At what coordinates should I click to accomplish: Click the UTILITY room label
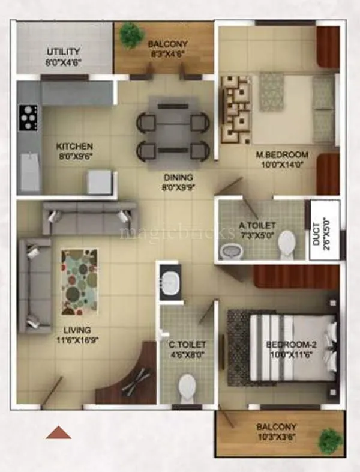coord(64,52)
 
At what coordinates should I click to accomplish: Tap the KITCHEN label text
coord(74,146)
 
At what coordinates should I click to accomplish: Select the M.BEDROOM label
coord(282,154)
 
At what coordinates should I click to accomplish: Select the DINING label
coord(179,177)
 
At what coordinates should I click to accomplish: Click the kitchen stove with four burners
coord(28,118)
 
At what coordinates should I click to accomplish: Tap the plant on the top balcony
coord(130,35)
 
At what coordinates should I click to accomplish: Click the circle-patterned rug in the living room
coord(79,282)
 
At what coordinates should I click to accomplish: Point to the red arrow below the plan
coord(58,432)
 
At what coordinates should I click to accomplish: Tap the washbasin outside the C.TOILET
coord(170,281)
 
